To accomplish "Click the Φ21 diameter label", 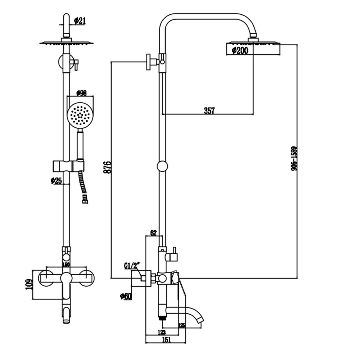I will coord(80,21).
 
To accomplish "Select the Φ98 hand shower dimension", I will coord(82,93).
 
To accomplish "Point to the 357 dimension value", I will coord(209,111).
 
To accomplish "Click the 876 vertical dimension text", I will coord(107,168).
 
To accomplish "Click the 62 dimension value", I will coord(153,233).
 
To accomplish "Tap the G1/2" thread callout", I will coord(132,266).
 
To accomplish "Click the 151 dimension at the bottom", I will coord(167,339).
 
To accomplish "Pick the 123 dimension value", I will coord(161,332).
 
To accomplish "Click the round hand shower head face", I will coord(80,115).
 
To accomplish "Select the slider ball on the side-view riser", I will coord(162,166).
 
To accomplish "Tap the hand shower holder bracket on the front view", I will coord(68,166).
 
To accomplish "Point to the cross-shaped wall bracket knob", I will coord(149,62).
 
